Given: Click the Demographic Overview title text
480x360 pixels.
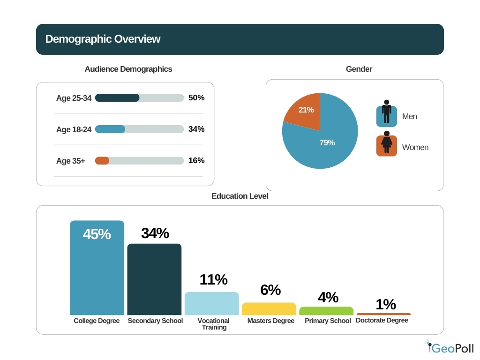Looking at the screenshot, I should (103, 39).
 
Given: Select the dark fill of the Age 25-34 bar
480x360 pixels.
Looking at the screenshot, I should (117, 97).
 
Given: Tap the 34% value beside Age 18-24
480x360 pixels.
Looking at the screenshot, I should (196, 129).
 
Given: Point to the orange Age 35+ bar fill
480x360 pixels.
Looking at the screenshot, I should (102, 160).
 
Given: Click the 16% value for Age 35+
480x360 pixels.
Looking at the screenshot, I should (196, 160).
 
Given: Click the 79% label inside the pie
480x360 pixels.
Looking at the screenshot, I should (327, 142).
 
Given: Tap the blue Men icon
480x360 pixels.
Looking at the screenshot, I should (386, 116).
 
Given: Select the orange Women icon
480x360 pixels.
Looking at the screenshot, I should (386, 146).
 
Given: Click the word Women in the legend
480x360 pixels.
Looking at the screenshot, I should (415, 147).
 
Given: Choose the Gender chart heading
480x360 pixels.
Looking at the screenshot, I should (359, 69).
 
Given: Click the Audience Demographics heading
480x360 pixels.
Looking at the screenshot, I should (128, 69).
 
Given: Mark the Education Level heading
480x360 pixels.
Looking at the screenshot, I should (240, 196).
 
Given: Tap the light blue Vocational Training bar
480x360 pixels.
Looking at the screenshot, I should (211, 303).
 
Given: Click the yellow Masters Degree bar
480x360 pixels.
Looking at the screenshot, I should (269, 308).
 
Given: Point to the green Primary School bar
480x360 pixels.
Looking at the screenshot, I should (326, 311).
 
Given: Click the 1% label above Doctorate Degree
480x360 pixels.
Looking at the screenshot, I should (386, 305).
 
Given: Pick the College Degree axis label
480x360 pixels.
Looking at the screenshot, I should (97, 321).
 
